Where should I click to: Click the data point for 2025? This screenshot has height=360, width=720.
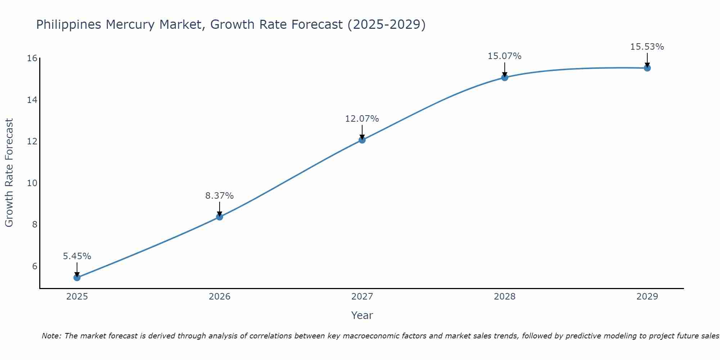click(77, 278)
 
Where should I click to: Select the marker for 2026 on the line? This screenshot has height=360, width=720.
click(220, 217)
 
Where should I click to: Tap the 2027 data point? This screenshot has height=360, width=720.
click(362, 140)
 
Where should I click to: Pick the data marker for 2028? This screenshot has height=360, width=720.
click(505, 77)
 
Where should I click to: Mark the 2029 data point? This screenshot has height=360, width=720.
click(647, 68)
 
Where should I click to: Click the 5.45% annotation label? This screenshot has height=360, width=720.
click(77, 256)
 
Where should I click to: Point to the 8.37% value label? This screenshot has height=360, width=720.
click(220, 196)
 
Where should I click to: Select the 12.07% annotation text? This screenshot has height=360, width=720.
click(362, 119)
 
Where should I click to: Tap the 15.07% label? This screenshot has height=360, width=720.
click(505, 56)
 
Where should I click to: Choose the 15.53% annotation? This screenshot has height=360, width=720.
click(647, 47)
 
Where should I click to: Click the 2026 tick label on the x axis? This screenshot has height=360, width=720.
click(220, 297)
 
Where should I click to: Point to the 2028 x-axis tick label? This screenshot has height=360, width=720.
click(505, 297)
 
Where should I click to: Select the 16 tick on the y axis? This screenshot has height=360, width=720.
click(32, 58)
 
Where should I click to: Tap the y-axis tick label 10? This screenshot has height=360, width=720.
click(32, 183)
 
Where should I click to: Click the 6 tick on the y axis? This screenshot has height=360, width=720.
click(35, 266)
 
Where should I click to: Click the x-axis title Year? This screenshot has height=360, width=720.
click(362, 315)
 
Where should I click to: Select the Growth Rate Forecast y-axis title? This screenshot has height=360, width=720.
click(9, 173)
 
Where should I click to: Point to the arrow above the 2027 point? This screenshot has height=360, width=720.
click(362, 132)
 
